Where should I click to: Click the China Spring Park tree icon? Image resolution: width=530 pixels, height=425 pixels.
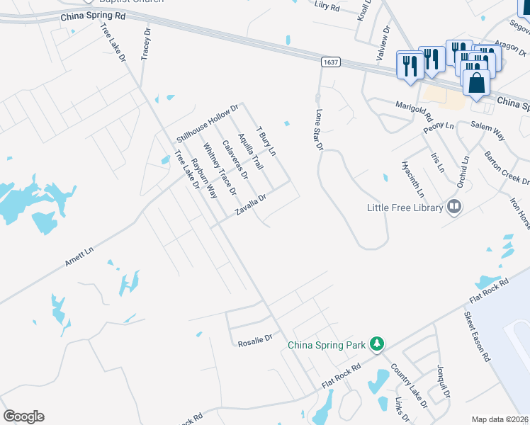click(378, 344)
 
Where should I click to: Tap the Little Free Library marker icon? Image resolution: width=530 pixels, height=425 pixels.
click(454, 208)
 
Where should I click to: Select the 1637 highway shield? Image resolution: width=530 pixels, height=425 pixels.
click(329, 62)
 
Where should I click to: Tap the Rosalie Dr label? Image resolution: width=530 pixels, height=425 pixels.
click(254, 340)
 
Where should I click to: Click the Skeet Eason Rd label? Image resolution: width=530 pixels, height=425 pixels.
click(478, 336)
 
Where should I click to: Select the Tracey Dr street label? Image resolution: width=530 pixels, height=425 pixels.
click(147, 45)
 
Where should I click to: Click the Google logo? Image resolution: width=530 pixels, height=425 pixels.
click(23, 416)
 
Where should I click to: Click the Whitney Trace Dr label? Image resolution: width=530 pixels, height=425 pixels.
click(219, 169)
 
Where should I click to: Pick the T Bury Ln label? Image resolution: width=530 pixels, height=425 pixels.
click(266, 142)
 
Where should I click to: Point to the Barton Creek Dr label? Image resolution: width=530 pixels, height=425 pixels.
click(506, 169)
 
